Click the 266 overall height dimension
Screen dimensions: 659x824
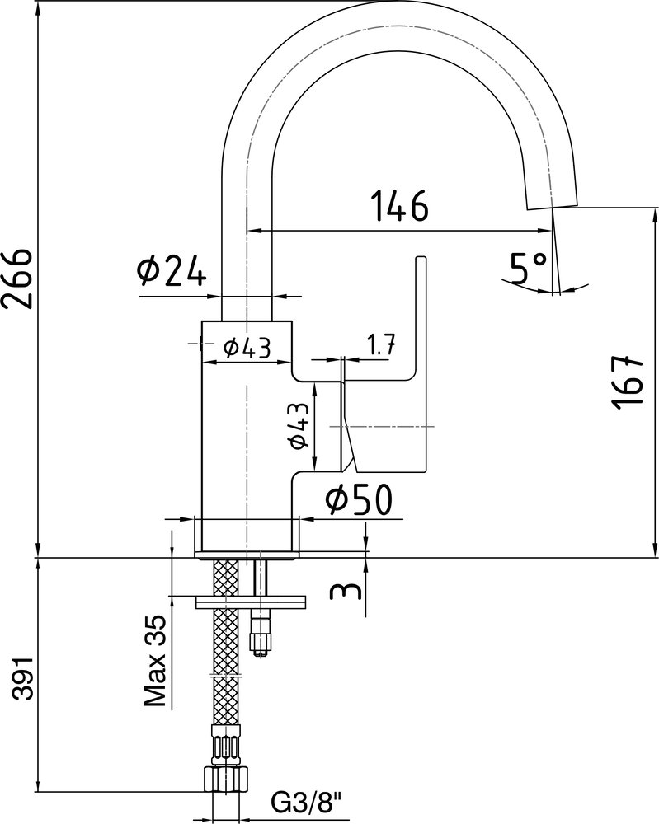click(17, 279)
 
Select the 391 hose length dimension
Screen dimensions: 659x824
click(23, 677)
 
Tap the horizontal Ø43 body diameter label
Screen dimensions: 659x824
click(247, 348)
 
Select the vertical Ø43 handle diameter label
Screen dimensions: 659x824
click(299, 426)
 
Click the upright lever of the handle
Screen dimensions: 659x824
click(420, 316)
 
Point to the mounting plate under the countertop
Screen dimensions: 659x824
click(251, 602)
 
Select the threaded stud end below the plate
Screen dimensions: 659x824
click(261, 636)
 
